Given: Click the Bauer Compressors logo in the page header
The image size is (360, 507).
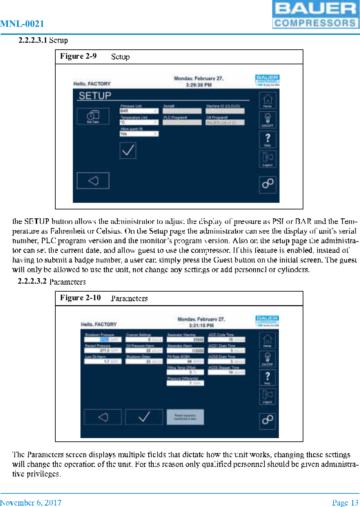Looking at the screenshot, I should [x=315, y=15].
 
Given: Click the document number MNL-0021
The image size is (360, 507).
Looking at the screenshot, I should [x=22, y=24].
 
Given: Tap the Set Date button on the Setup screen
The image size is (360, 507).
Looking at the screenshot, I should [x=93, y=116].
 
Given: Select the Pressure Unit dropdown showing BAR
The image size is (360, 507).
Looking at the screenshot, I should [x=139, y=111].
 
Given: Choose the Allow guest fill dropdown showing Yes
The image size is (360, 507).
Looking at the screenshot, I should [x=139, y=134].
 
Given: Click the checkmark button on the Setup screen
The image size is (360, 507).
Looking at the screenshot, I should [x=128, y=150].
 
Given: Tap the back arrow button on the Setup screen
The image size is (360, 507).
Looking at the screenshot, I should [x=93, y=181].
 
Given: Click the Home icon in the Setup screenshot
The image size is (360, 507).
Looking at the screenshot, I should [x=267, y=100].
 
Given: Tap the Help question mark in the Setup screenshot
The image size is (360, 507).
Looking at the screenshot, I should [x=267, y=139].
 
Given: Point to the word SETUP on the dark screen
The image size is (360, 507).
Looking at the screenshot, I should [x=95, y=96].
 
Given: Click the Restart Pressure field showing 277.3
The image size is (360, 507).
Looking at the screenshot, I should [x=103, y=350].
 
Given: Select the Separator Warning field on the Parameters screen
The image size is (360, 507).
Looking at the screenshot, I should [x=185, y=339].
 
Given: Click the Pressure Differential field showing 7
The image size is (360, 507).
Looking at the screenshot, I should [x=185, y=383].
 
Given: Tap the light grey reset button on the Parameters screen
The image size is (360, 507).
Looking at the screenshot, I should [x=185, y=417].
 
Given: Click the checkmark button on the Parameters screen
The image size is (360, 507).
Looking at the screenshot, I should [x=144, y=417].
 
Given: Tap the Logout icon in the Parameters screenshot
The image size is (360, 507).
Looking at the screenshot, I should [x=267, y=396].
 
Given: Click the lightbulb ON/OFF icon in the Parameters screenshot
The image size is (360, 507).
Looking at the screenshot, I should [x=267, y=359].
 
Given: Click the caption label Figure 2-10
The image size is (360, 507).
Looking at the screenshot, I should [x=80, y=298].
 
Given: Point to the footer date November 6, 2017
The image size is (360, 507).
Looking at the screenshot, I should [x=31, y=503].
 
